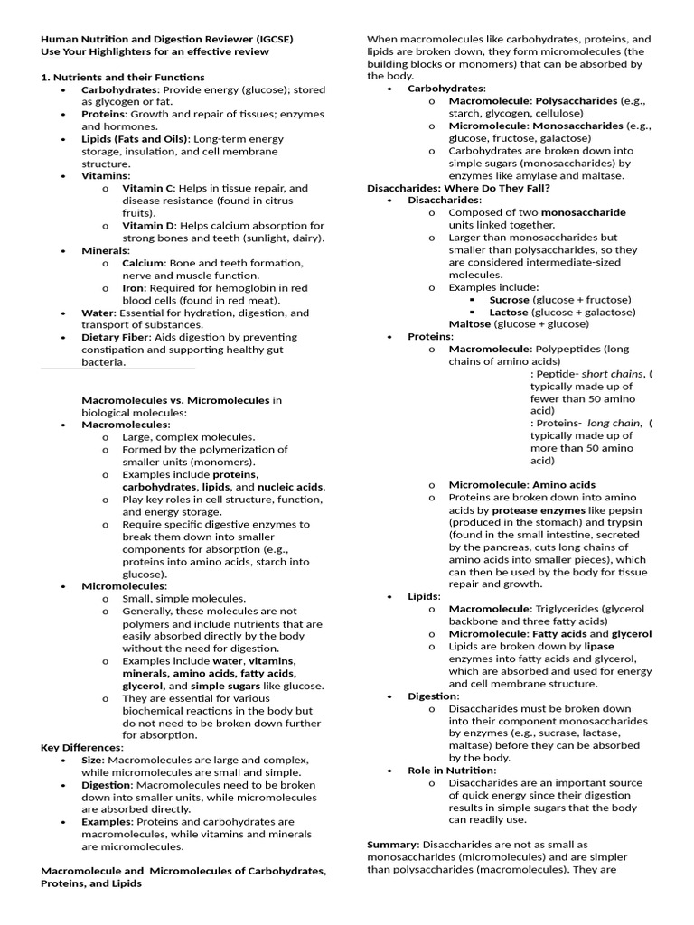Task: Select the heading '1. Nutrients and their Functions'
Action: tap(123, 78)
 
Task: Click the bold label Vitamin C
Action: tap(148, 189)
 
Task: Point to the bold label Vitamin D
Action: tap(149, 226)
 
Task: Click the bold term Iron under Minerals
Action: tap(134, 288)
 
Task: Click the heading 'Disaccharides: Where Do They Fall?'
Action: tap(458, 188)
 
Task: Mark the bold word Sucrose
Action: tap(509, 299)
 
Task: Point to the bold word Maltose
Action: tap(470, 324)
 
